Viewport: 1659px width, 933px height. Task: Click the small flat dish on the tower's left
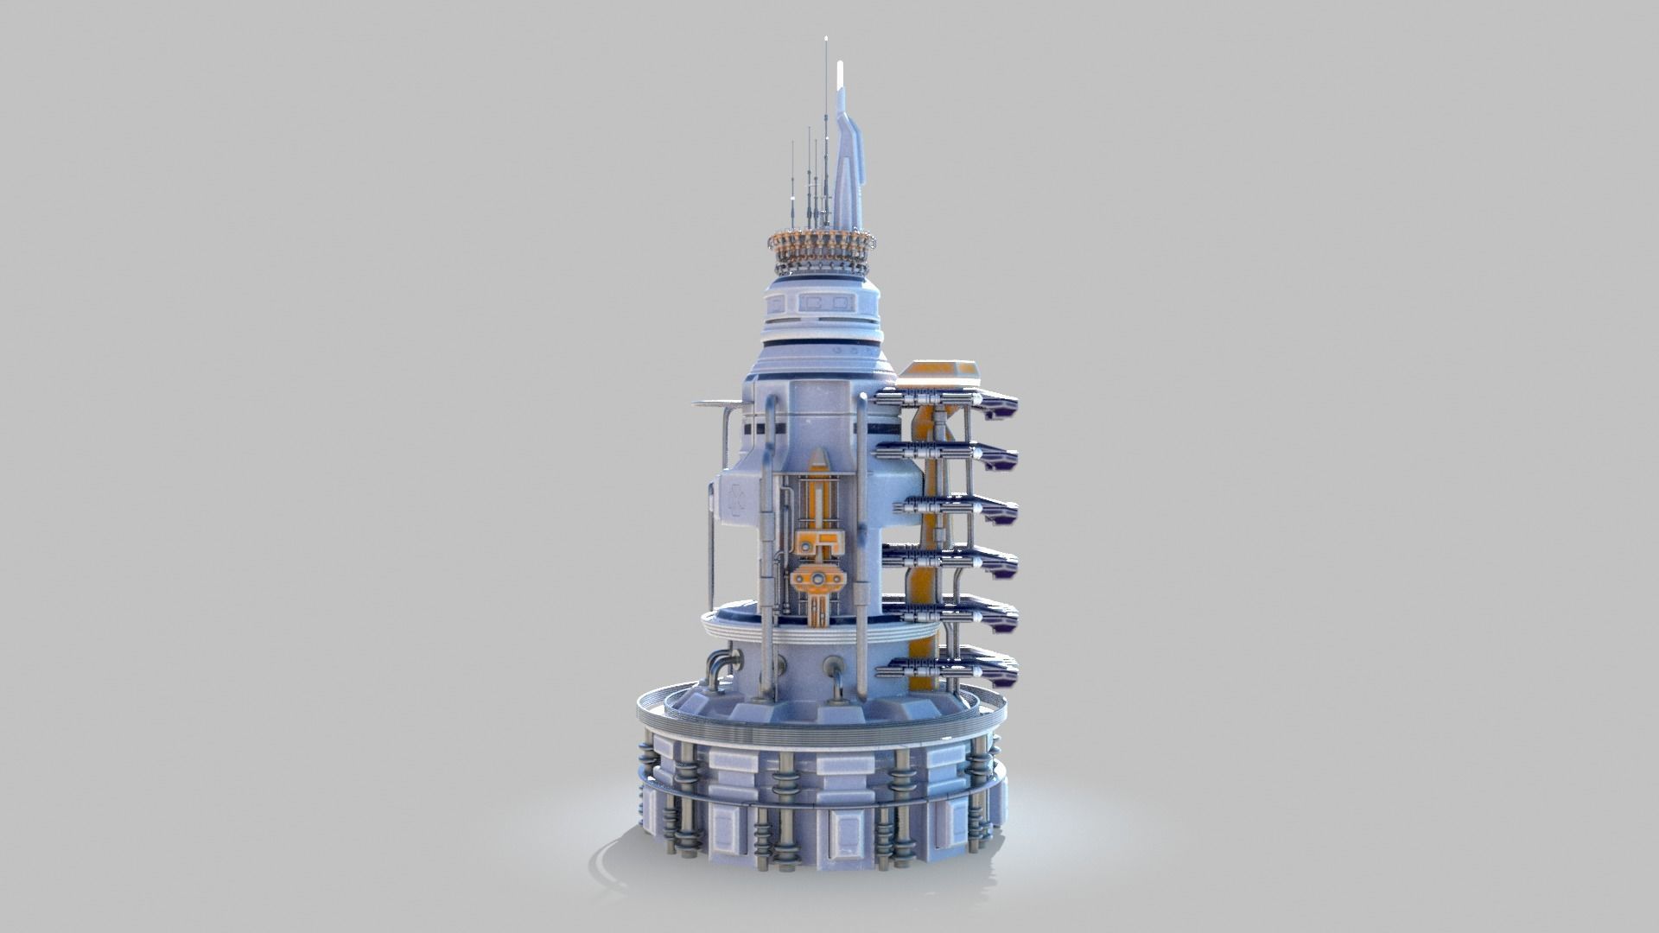coord(716,403)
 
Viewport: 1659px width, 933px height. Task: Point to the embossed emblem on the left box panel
coord(737,498)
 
